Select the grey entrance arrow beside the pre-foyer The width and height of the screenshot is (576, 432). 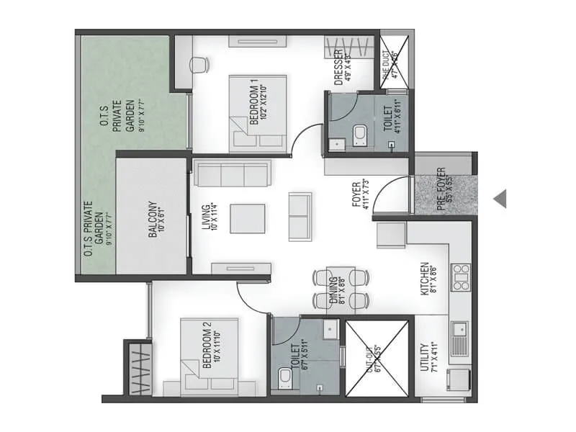coord(500,197)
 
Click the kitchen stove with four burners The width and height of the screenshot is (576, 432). coord(461,277)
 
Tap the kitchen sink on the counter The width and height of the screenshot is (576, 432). coord(459,336)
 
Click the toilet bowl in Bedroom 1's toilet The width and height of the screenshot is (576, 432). coord(360,133)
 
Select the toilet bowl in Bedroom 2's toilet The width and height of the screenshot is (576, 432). coord(285,377)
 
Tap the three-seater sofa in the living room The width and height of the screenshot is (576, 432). coord(233,174)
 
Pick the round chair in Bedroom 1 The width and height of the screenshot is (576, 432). coord(197,65)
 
